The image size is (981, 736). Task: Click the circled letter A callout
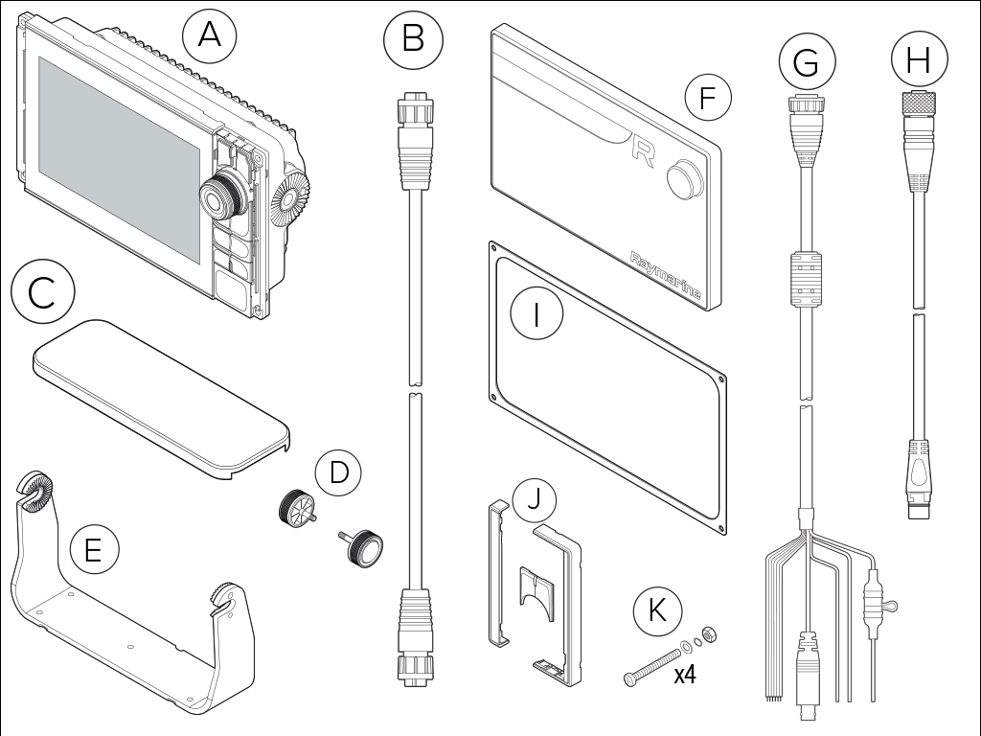click(209, 36)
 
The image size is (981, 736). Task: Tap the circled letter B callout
click(413, 39)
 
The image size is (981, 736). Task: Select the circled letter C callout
click(42, 292)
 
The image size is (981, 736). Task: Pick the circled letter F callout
click(708, 99)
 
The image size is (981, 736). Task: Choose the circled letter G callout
click(806, 62)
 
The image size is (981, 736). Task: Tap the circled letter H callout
click(919, 60)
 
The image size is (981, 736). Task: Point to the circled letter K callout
click(657, 609)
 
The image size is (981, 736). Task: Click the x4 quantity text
click(684, 675)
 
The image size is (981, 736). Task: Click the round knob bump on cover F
click(682, 176)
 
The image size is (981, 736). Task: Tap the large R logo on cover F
click(643, 150)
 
